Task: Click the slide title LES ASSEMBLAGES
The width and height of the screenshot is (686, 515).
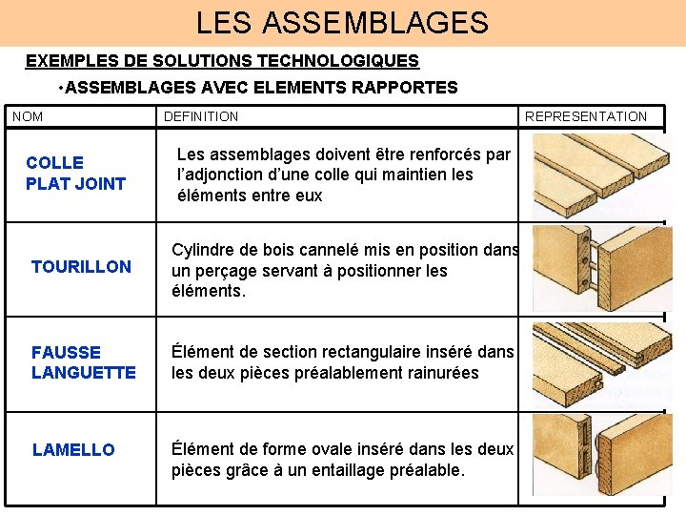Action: coord(342,22)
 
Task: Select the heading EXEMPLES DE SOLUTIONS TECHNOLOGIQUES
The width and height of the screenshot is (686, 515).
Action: coord(222,61)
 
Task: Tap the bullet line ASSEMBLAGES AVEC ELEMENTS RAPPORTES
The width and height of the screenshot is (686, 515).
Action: coord(257,88)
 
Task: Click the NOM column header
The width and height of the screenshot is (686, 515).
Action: coord(28,116)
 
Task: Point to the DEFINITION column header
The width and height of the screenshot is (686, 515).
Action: coord(201,116)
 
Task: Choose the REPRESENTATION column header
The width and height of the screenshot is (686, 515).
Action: coord(585,116)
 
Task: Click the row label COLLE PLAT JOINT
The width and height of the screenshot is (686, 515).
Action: coord(75,174)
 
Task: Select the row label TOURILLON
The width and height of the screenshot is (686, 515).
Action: coord(81,267)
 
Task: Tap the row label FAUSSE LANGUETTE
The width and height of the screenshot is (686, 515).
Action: coord(83,362)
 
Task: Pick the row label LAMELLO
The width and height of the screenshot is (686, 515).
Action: coord(72,450)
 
